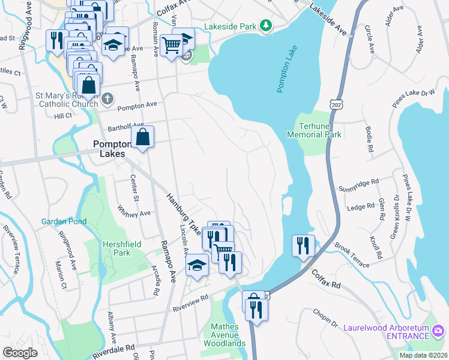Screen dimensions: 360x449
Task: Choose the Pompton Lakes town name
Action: coord(109,149)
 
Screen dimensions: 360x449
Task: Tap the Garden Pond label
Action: coord(64,221)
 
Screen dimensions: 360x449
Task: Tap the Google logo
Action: coord(20,352)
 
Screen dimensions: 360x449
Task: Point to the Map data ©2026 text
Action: coord(423,355)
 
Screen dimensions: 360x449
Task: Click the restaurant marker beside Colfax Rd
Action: coord(303,245)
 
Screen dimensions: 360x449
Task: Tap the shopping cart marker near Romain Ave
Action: coord(172,44)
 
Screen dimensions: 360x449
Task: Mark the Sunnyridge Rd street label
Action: coord(359,181)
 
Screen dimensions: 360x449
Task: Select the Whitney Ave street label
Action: coord(134,212)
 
